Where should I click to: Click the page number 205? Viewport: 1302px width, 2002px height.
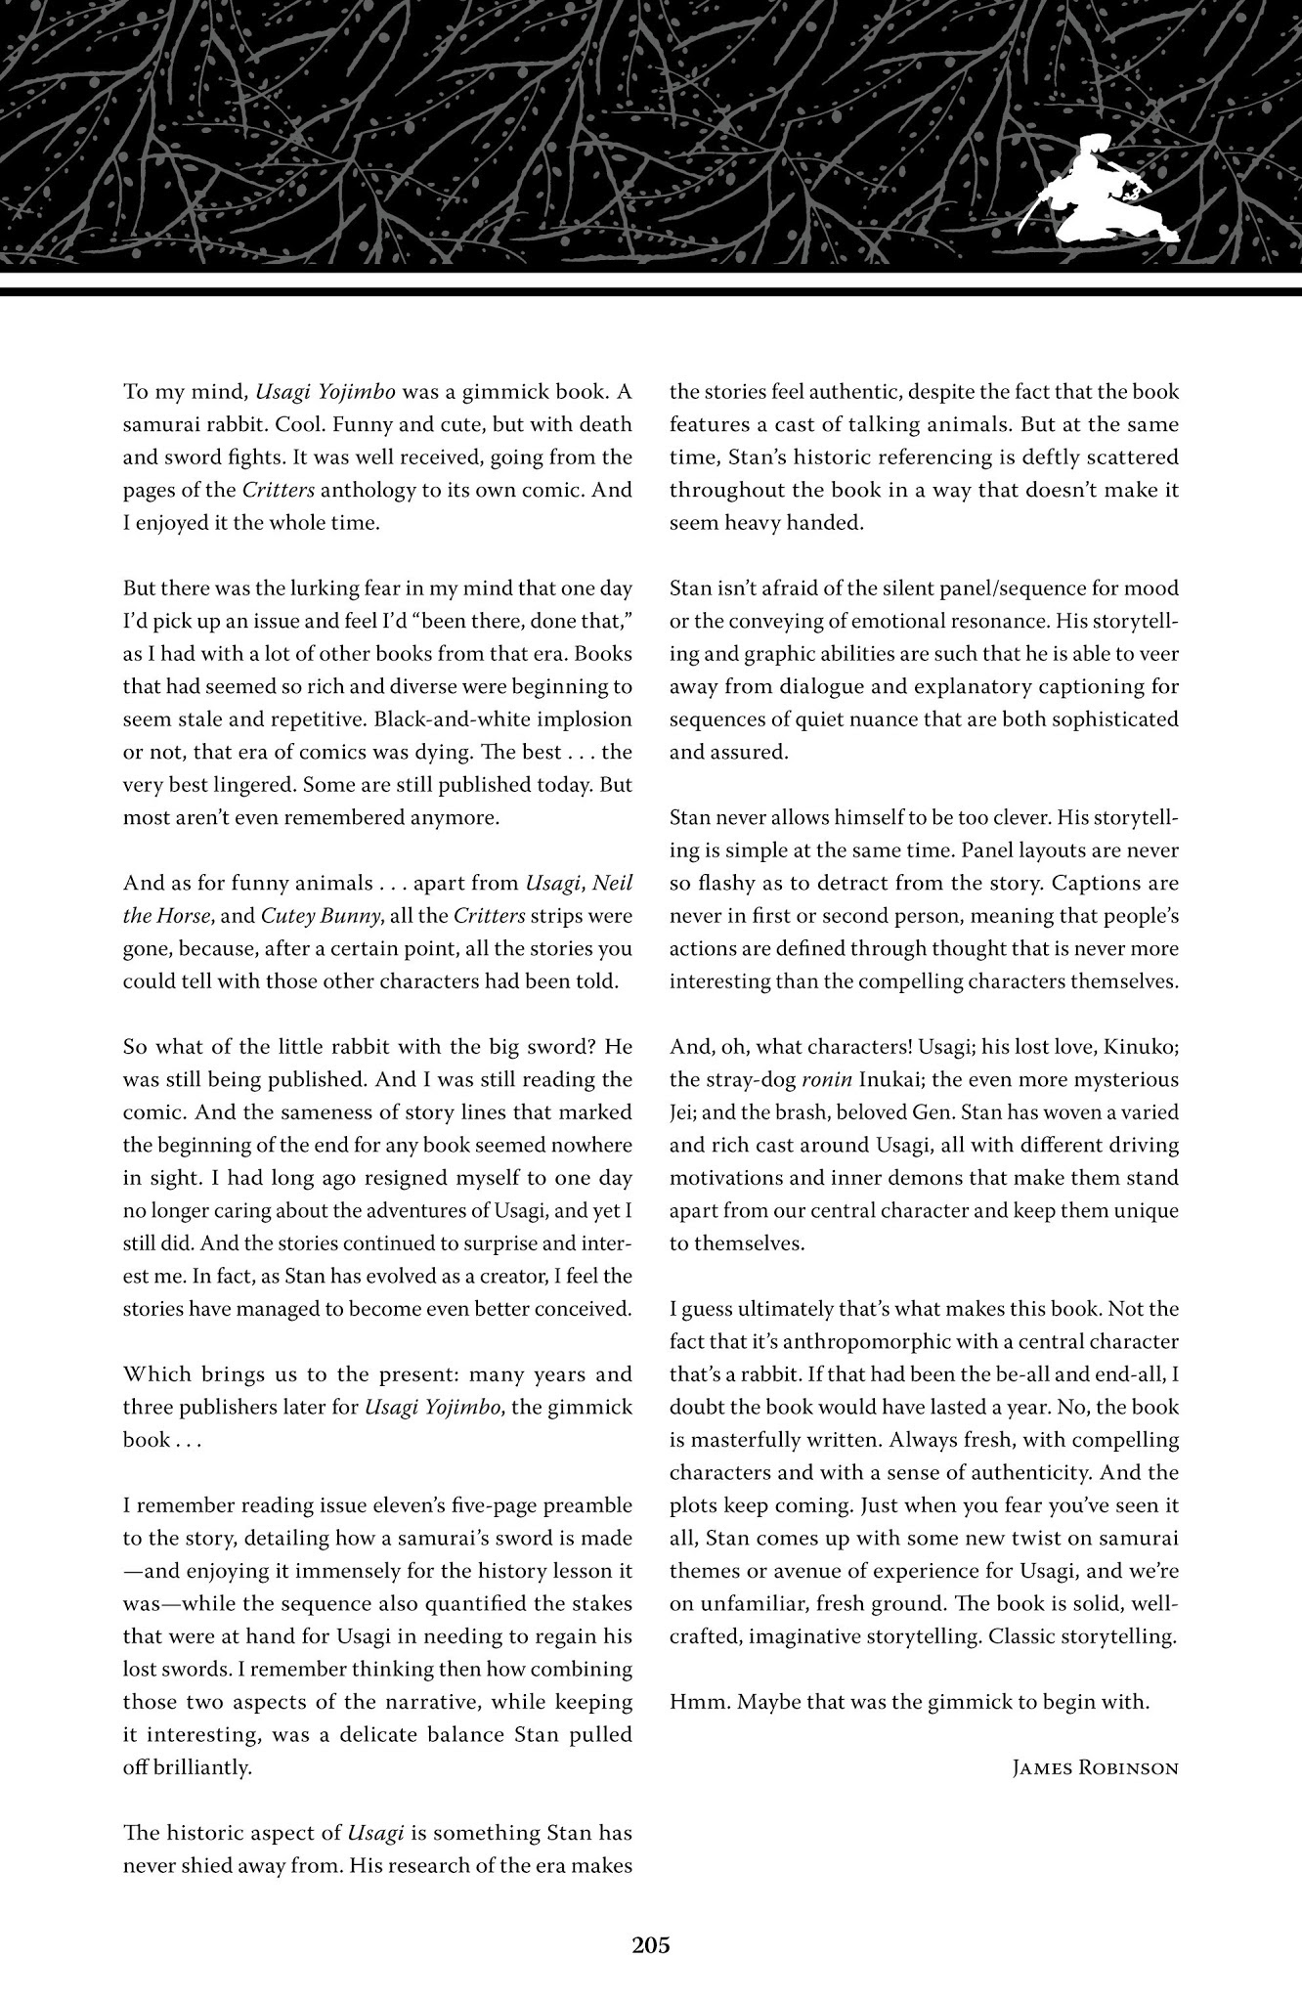[x=650, y=1945]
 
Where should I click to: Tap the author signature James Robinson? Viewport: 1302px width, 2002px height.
[x=1095, y=1768]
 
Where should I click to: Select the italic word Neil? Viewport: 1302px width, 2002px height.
[x=614, y=884]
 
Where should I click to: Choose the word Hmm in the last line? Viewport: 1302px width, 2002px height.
[x=693, y=1702]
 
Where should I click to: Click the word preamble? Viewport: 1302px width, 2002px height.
[x=585, y=1505]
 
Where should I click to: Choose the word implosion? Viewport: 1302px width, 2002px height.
[x=585, y=719]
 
